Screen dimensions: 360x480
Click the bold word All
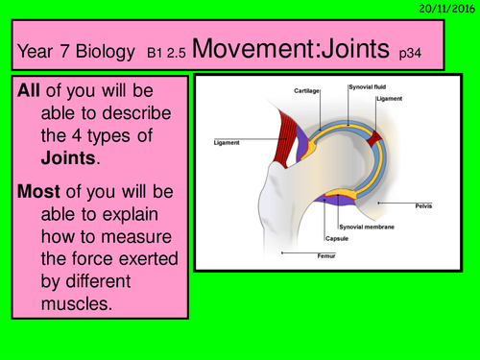29,88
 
